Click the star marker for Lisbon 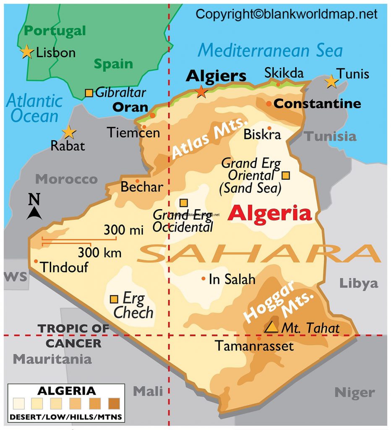coord(27,52)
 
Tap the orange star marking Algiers coord(202,91)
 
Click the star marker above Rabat coord(69,133)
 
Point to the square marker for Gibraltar coord(89,93)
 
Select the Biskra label coord(262,135)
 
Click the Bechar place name coord(141,186)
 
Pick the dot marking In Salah coord(203,278)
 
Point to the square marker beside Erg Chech coord(114,299)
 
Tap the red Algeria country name coord(270,214)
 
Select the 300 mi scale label coord(123,230)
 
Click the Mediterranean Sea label coord(270,50)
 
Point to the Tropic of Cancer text coord(73,336)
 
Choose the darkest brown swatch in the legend coord(114,404)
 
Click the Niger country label coord(354,393)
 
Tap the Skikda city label coord(284,73)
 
